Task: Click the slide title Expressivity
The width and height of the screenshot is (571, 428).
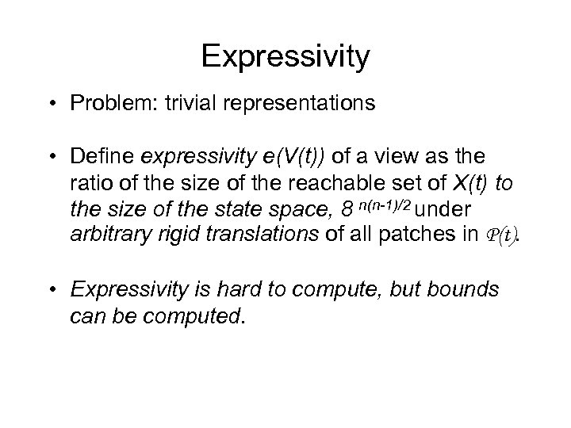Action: (285, 56)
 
